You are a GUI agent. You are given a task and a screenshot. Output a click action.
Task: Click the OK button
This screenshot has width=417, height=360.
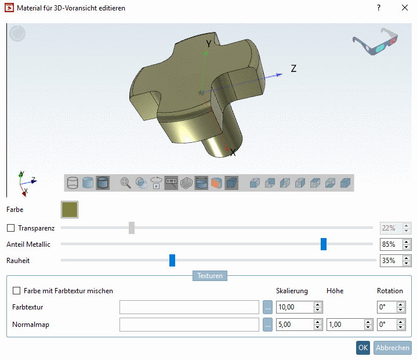pyautogui.click(x=362, y=348)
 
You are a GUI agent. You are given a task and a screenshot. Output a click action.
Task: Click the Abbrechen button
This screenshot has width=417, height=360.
pyautogui.click(x=393, y=348)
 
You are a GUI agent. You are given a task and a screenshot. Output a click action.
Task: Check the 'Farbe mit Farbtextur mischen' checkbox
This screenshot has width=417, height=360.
pyautogui.click(x=16, y=290)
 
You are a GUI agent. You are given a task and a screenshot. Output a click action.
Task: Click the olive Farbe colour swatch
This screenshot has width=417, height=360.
pyautogui.click(x=70, y=210)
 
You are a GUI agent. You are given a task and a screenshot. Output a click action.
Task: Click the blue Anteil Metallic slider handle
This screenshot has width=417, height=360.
pyautogui.click(x=324, y=244)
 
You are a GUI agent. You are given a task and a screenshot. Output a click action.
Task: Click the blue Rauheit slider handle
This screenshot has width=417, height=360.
pyautogui.click(x=172, y=261)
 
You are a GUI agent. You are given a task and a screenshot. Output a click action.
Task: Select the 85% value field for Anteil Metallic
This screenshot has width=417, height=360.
pyautogui.click(x=390, y=244)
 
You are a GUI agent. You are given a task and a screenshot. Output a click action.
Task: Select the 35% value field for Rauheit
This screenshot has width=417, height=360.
pyautogui.click(x=390, y=261)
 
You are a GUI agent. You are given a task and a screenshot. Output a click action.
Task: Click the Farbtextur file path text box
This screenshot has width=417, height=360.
pyautogui.click(x=189, y=307)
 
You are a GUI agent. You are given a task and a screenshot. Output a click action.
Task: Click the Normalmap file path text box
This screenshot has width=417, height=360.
pyautogui.click(x=189, y=325)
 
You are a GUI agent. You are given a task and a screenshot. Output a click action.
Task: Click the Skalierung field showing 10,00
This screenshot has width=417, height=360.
pyautogui.click(x=295, y=307)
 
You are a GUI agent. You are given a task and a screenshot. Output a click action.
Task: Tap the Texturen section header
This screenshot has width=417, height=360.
pyautogui.click(x=210, y=276)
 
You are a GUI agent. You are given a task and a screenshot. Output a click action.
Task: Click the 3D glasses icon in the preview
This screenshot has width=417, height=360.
pyautogui.click(x=376, y=41)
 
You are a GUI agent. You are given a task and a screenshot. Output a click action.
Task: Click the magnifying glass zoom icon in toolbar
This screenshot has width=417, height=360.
pyautogui.click(x=125, y=183)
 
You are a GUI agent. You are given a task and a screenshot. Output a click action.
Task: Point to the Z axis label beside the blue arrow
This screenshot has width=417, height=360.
pyautogui.click(x=293, y=69)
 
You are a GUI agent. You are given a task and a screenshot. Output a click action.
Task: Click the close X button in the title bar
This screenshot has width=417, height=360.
pyautogui.click(x=404, y=8)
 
